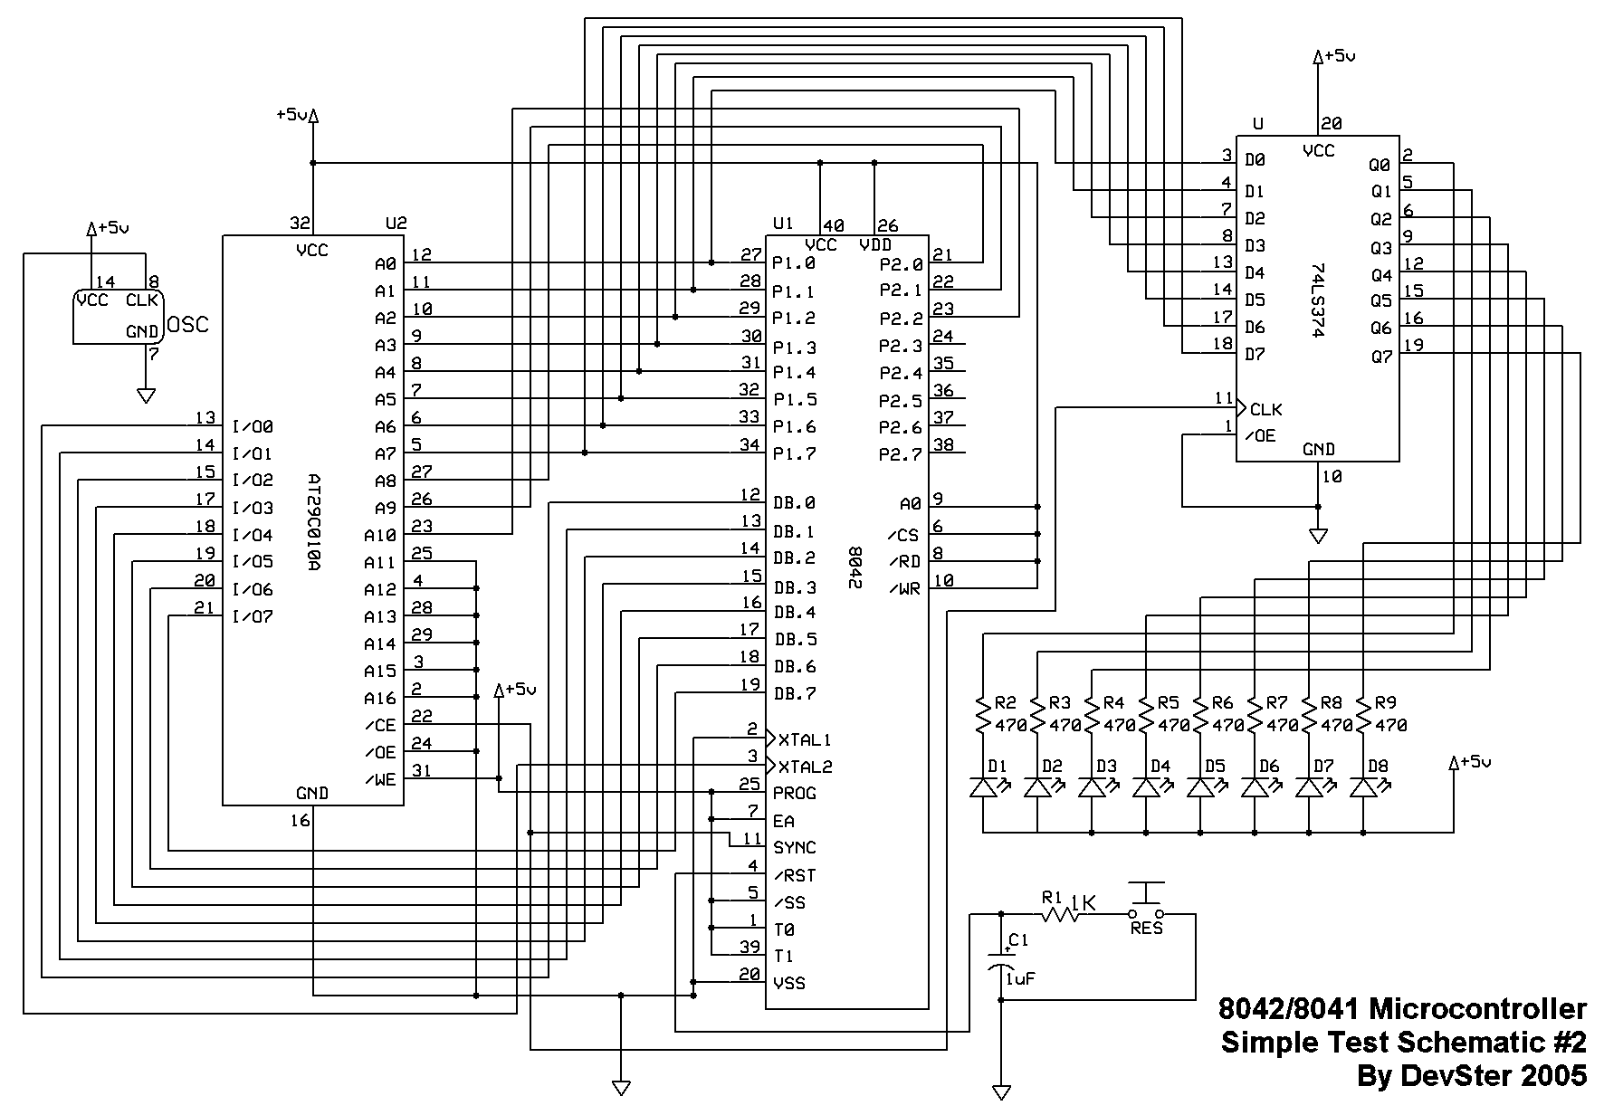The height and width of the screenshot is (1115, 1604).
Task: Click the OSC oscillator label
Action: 188,324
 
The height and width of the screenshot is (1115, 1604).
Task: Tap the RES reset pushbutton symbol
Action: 1147,903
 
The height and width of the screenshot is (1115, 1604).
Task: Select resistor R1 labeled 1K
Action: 1060,915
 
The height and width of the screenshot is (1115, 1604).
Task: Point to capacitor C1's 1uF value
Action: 1020,978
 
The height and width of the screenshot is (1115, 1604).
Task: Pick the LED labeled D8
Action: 1363,786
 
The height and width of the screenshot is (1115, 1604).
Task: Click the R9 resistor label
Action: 1385,702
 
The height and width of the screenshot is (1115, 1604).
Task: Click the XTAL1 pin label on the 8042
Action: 805,739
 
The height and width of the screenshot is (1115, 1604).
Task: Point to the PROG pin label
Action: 795,794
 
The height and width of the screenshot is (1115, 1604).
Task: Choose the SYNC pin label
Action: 795,848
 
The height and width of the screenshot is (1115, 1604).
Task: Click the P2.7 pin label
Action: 901,454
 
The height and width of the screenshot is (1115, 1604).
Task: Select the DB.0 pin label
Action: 795,503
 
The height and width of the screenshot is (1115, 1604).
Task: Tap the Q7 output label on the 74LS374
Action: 1380,357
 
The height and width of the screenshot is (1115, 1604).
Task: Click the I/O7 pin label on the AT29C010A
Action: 253,617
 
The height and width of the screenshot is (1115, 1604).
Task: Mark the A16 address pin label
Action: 380,699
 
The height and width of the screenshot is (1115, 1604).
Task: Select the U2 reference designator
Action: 396,223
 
